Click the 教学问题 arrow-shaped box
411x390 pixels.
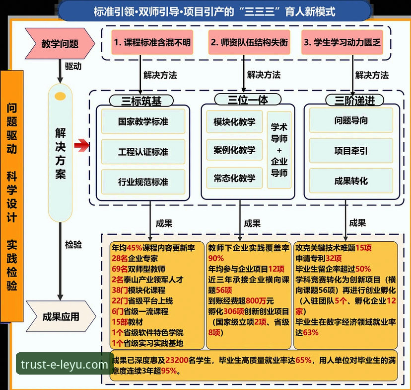pos(60,44)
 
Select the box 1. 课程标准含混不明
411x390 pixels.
pos(152,43)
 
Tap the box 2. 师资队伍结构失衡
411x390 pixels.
pos(248,43)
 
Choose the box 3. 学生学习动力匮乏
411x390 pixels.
pos(342,43)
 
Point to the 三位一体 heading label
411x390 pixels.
pos(248,99)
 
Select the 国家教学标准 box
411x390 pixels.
pos(143,121)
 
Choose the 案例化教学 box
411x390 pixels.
pos(235,150)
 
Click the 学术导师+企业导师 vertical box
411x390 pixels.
pos(279,149)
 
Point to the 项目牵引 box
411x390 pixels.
pos(351,150)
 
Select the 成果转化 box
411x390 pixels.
pos(351,181)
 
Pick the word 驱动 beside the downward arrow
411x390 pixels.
pos(73,66)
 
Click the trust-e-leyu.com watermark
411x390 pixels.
pos(65,365)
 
